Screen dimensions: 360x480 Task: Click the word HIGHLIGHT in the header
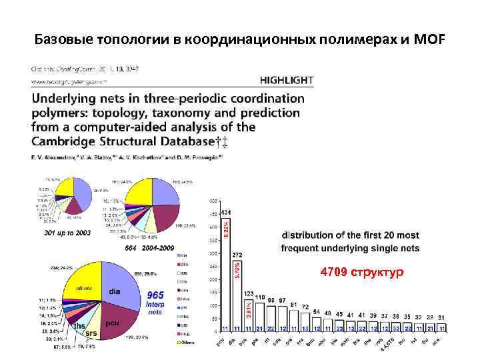tap(285, 81)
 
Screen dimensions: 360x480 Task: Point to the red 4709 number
tap(333, 273)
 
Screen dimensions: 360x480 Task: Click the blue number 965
tap(155, 294)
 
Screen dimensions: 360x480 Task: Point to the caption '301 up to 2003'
tap(67, 233)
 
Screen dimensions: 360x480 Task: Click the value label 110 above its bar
tap(260, 297)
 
